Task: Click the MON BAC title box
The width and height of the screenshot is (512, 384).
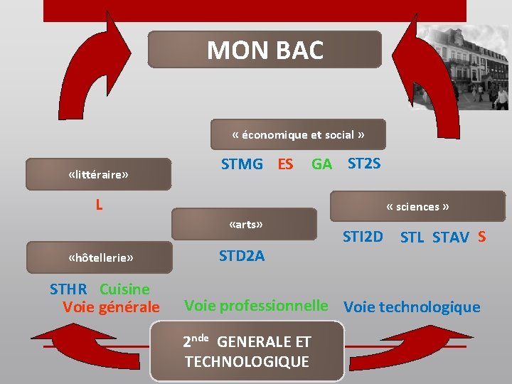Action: [x=265, y=50]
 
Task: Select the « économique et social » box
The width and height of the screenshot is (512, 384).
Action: [x=298, y=134]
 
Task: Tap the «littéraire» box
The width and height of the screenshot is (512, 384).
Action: [x=98, y=174]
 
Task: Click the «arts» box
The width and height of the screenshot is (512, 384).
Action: [x=245, y=224]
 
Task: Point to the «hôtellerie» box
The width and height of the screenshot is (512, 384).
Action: [x=100, y=257]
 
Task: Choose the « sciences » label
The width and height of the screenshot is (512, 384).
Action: [x=417, y=207]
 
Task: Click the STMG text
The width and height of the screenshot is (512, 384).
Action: [x=242, y=164]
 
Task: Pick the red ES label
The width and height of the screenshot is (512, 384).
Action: [x=285, y=164]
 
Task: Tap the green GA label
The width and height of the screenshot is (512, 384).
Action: [x=321, y=164]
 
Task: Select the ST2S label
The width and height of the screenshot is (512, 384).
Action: [x=364, y=164]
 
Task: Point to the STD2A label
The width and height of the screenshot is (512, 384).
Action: [x=242, y=256]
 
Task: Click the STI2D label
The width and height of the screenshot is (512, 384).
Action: [x=363, y=236]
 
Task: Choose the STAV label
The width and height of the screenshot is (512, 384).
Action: [x=451, y=238]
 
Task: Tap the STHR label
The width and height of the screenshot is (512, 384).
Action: [x=68, y=289]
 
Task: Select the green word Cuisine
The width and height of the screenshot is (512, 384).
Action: [x=124, y=289]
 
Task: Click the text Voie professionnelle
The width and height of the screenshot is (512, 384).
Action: [x=256, y=306]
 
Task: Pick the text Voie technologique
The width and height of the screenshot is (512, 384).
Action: [x=412, y=307]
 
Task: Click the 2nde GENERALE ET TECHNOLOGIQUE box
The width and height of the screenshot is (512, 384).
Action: [x=247, y=351]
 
